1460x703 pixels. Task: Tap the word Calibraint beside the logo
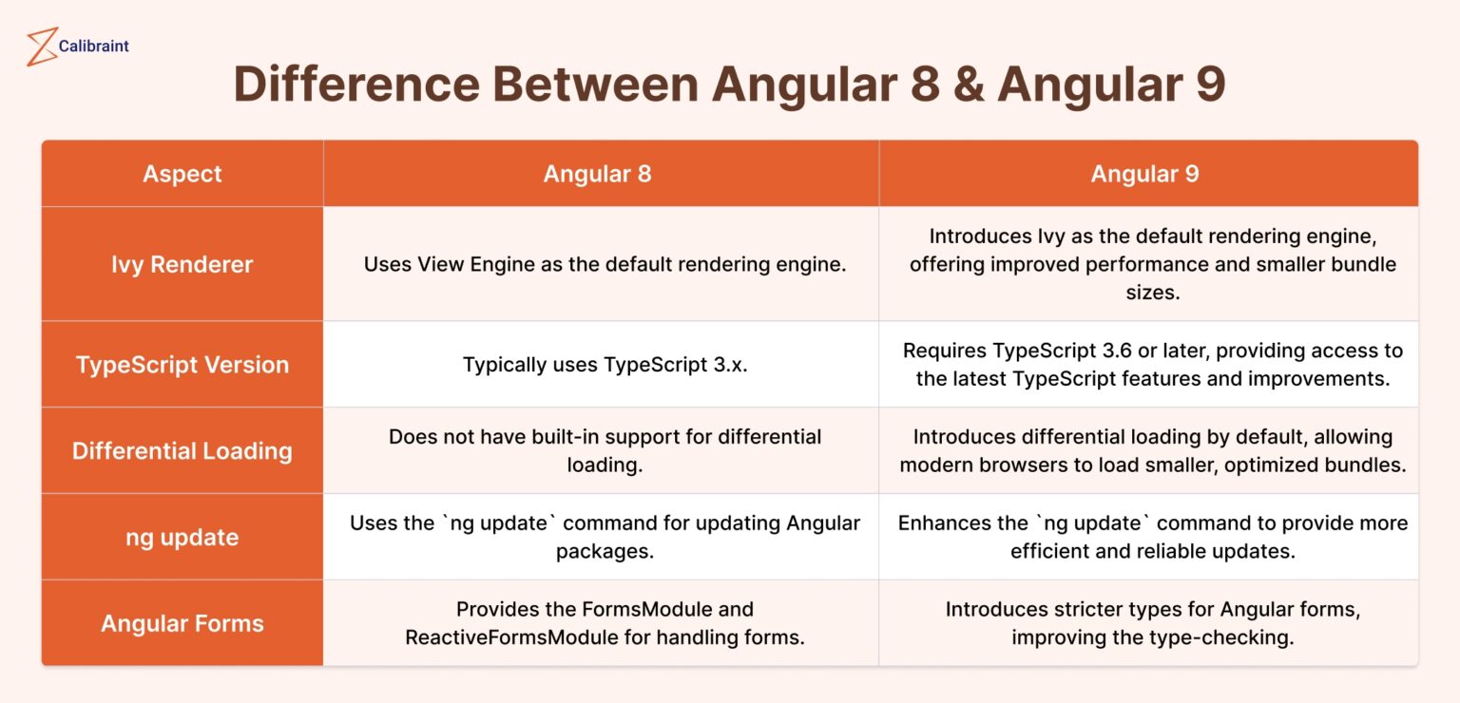pos(93,46)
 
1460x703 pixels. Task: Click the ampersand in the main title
pos(969,85)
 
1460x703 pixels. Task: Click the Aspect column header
pos(182,174)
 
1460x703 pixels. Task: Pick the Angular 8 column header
pos(597,174)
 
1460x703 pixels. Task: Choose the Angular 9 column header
pos(1144,174)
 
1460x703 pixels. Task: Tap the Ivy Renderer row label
pos(182,264)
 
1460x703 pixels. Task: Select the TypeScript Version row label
pos(182,365)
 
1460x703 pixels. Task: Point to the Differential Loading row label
pos(182,450)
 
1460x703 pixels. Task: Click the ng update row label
pos(182,537)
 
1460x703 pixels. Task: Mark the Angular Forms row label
pos(182,623)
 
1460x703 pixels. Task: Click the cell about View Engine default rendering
pos(605,264)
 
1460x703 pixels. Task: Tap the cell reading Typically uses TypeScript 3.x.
pos(605,365)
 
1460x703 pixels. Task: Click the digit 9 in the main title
pos(1209,85)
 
